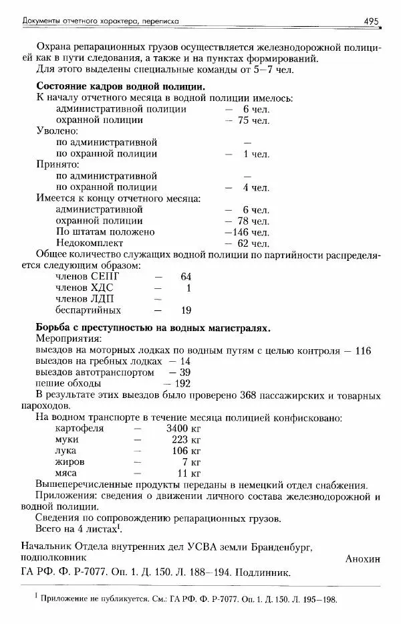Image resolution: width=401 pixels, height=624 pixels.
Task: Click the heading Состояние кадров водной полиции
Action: (x=120, y=87)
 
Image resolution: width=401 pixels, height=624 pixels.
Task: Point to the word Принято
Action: (x=57, y=165)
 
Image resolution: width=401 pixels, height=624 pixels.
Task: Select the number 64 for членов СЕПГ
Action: (x=186, y=276)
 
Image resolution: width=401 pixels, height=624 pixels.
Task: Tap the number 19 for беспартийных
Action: (x=186, y=310)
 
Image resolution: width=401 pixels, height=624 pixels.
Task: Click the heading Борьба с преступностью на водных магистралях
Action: (x=153, y=328)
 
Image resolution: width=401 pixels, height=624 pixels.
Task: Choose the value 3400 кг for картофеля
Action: (x=183, y=429)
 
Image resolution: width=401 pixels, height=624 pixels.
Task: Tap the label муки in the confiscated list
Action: (x=67, y=439)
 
